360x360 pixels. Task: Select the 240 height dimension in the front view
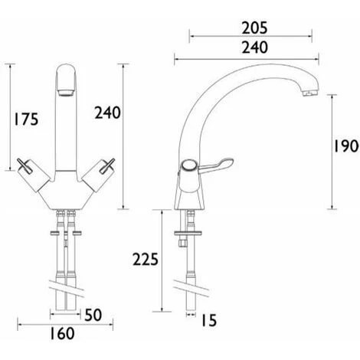pos(106,113)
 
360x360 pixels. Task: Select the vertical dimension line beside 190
pos(332,146)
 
